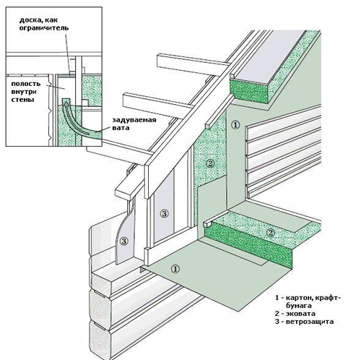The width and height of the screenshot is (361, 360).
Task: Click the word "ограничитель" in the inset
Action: (44, 28)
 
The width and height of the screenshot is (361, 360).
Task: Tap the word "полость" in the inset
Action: (26, 84)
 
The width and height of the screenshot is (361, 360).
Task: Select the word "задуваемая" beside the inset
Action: (134, 120)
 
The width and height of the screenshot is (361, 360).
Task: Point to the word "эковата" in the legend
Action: (300, 314)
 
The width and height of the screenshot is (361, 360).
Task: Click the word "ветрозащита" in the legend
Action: (310, 322)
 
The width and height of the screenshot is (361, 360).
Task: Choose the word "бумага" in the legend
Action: (299, 306)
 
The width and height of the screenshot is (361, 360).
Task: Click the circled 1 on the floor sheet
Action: (175, 268)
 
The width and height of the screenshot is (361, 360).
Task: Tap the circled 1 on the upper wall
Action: (235, 125)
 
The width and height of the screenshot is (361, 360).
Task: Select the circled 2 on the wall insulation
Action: (210, 163)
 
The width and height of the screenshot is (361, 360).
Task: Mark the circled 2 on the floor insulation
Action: (271, 233)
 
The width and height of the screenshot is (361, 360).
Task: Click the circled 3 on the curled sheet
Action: (124, 241)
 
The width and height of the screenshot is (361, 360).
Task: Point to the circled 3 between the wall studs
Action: (165, 213)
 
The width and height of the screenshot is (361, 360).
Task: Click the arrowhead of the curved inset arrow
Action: (66, 103)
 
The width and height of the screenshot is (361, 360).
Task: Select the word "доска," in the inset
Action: (29, 20)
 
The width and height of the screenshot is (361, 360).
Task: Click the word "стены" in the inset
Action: (22, 100)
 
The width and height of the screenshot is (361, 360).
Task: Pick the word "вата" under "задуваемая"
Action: (121, 128)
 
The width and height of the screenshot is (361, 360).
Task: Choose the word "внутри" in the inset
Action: (24, 92)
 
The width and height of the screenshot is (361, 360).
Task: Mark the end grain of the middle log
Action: (100, 305)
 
